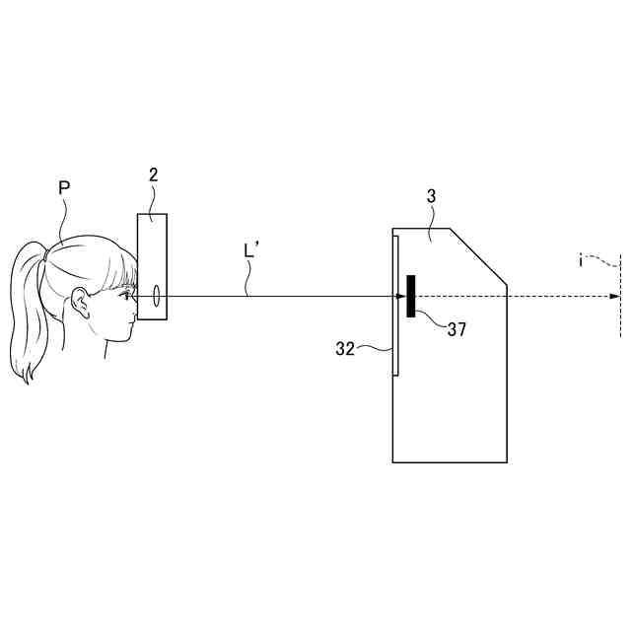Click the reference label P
[65, 187]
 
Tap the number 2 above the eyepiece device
[153, 175]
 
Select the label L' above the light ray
[251, 251]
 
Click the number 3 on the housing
[431, 197]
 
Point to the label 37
[456, 330]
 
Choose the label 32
[345, 348]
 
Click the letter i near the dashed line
[582, 261]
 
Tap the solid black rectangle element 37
[410, 296]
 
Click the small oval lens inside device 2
[156, 295]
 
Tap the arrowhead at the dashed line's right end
[616, 296]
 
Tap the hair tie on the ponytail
[45, 255]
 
